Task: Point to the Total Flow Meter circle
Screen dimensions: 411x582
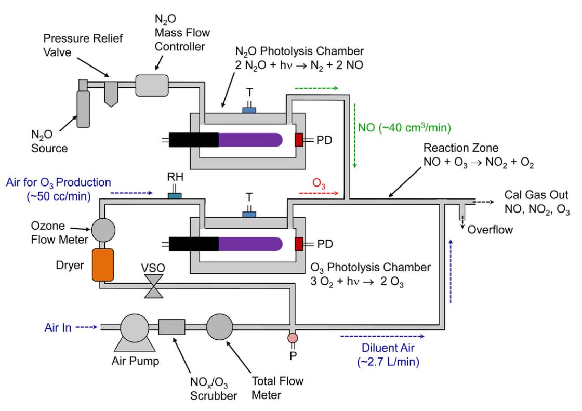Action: [x=221, y=327]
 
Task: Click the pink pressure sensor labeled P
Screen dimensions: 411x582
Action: [x=293, y=338]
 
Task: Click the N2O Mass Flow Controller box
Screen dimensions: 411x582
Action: [x=151, y=85]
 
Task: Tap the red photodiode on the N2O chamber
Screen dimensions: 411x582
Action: [x=299, y=140]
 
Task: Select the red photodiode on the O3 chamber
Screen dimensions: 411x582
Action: [x=299, y=243]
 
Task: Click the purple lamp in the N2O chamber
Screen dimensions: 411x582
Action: [x=250, y=140]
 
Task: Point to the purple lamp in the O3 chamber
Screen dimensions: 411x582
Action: [x=250, y=243]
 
